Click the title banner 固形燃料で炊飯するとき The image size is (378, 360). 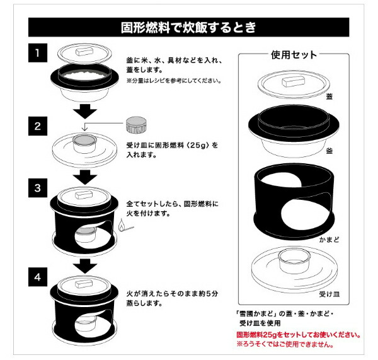tap(188, 28)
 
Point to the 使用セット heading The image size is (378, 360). tap(293, 55)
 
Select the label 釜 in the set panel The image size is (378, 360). tap(329, 151)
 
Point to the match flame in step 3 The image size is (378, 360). tap(122, 225)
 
